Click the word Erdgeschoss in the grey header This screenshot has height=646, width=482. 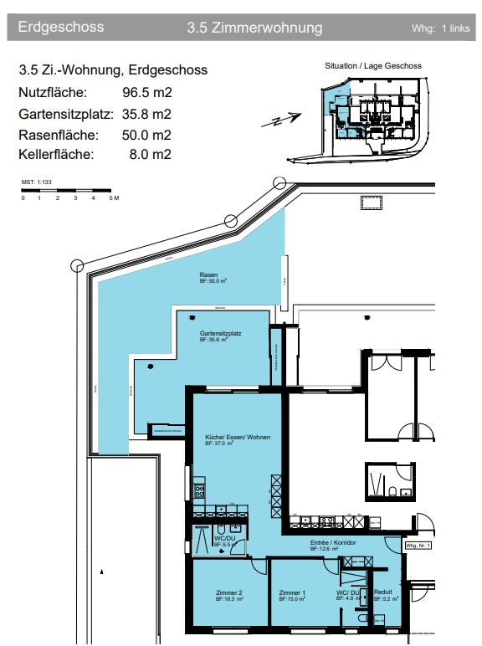[61, 28]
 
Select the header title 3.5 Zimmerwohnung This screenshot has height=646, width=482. [254, 28]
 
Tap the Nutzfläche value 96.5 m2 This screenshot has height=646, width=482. [146, 93]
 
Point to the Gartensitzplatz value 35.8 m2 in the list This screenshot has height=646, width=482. [146, 114]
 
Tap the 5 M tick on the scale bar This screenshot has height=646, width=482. [115, 198]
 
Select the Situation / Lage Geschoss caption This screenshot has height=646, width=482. [372, 66]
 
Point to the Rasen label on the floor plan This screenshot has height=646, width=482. [208, 275]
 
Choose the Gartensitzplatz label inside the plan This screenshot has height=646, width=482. [220, 334]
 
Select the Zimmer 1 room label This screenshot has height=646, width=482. [292, 592]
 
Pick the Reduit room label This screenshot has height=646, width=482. [383, 592]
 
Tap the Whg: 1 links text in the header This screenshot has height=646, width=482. [441, 28]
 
